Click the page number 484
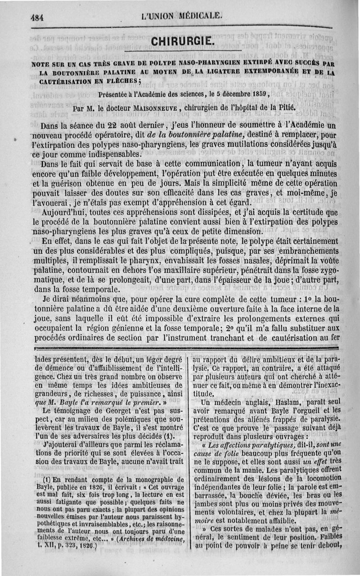click(x=36, y=18)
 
